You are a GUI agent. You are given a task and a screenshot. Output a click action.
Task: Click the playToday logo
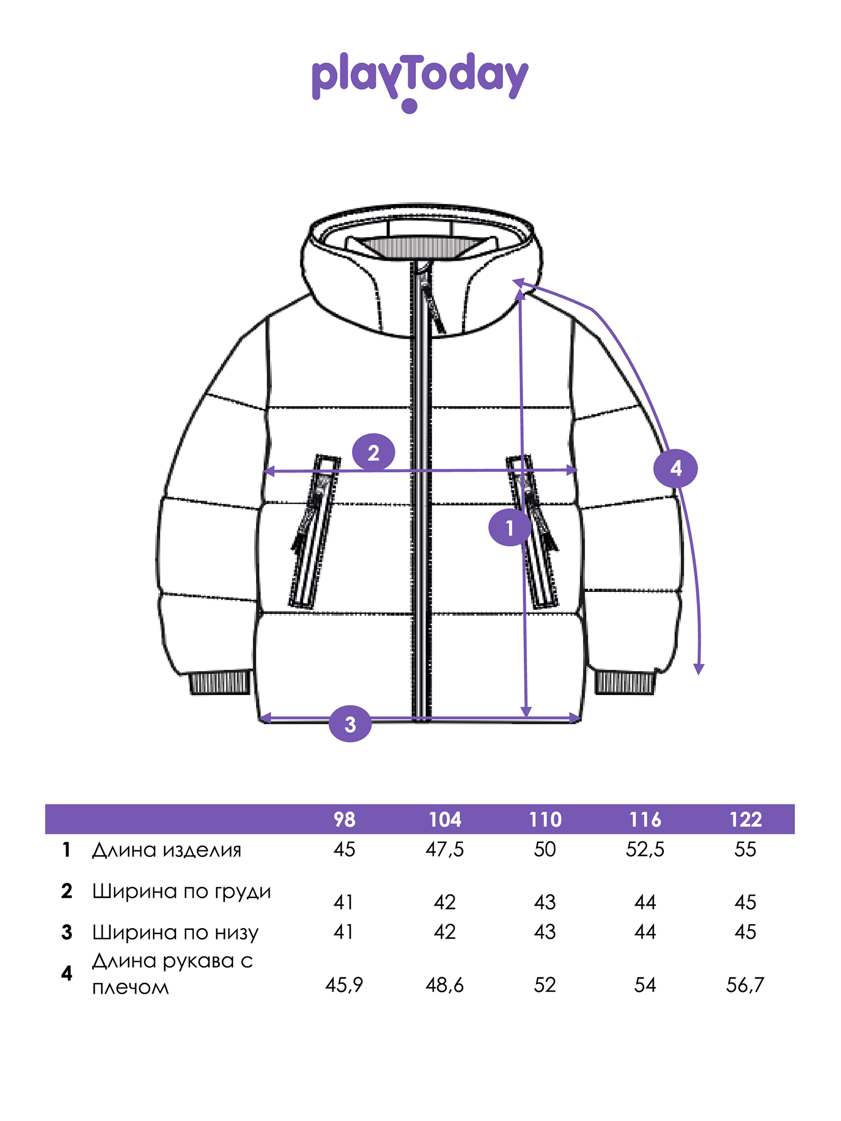pyautogui.click(x=420, y=81)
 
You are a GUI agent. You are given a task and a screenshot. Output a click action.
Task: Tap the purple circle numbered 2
pyautogui.click(x=373, y=452)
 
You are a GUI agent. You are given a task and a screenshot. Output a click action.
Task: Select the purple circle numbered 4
pyautogui.click(x=676, y=468)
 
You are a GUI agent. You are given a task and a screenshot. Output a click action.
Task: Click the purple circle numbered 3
pyautogui.click(x=350, y=724)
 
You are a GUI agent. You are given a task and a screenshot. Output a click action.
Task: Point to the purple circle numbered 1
pyautogui.click(x=510, y=527)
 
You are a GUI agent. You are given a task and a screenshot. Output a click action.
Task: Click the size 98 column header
pyautogui.click(x=344, y=819)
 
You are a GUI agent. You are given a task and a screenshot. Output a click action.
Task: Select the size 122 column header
pyautogui.click(x=746, y=819)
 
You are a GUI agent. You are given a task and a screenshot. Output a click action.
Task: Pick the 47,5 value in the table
pyautogui.click(x=445, y=849)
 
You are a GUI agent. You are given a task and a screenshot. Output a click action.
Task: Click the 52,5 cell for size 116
pyautogui.click(x=645, y=849)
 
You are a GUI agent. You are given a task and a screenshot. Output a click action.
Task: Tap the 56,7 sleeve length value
pyautogui.click(x=745, y=985)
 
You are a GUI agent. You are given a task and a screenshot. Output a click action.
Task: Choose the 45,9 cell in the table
pyautogui.click(x=344, y=985)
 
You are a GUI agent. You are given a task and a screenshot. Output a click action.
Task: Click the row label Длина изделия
pyautogui.click(x=167, y=850)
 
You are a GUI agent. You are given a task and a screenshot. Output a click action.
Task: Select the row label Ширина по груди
pyautogui.click(x=182, y=892)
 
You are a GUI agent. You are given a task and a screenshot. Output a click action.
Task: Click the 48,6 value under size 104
pyautogui.click(x=445, y=985)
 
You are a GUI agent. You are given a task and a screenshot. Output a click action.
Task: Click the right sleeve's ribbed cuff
pyautogui.click(x=625, y=682)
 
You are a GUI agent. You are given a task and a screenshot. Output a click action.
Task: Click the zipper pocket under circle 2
pyautogui.click(x=314, y=531)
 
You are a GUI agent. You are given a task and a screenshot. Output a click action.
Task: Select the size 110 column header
pyautogui.click(x=545, y=819)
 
